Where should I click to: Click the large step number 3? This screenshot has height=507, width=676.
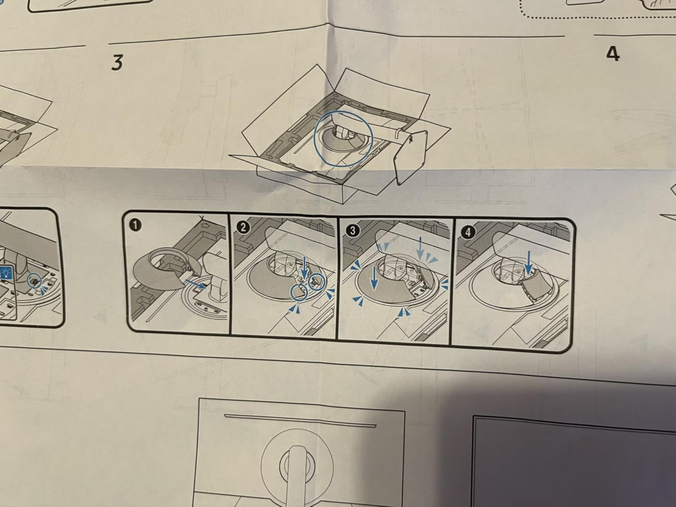[x=117, y=63]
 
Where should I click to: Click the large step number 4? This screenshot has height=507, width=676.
[x=613, y=55]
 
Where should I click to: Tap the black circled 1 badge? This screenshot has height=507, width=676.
[x=135, y=225]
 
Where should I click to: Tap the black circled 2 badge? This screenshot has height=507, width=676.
[x=243, y=228]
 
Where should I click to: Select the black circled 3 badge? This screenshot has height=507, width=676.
[x=352, y=230]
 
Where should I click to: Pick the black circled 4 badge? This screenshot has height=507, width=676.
[x=468, y=232]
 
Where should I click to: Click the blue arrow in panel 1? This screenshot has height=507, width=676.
[x=195, y=284]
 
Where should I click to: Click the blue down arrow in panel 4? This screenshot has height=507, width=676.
[x=529, y=263]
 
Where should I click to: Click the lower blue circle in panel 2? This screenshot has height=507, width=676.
[x=299, y=292]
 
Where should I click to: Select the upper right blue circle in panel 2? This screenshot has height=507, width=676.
[x=316, y=281]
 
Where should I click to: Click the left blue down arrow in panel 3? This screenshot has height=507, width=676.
[x=374, y=278]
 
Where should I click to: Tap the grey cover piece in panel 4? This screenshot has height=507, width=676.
[x=536, y=285]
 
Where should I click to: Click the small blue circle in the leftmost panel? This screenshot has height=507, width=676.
[x=35, y=280]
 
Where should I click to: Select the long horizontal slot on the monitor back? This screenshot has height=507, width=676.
[x=300, y=421]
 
